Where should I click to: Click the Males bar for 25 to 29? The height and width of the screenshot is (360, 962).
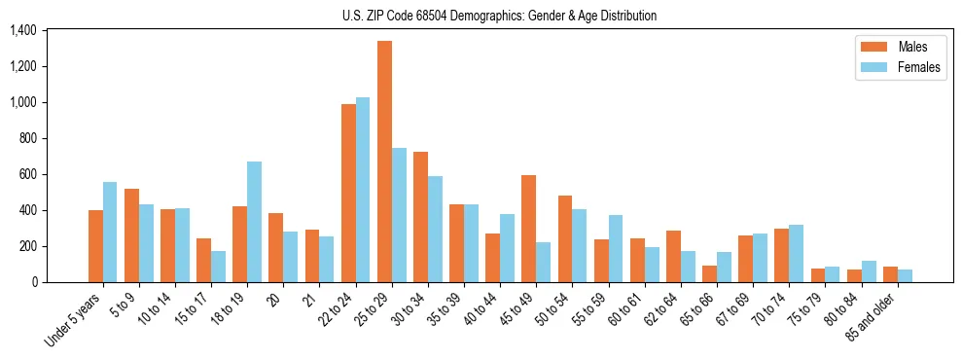pos(384,162)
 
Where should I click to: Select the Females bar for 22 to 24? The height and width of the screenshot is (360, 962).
pos(363,190)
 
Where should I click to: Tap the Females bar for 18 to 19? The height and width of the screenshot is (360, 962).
pos(254,222)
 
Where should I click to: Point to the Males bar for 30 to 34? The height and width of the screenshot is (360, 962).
pos(420,217)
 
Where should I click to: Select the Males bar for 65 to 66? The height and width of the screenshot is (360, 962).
pos(709,273)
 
